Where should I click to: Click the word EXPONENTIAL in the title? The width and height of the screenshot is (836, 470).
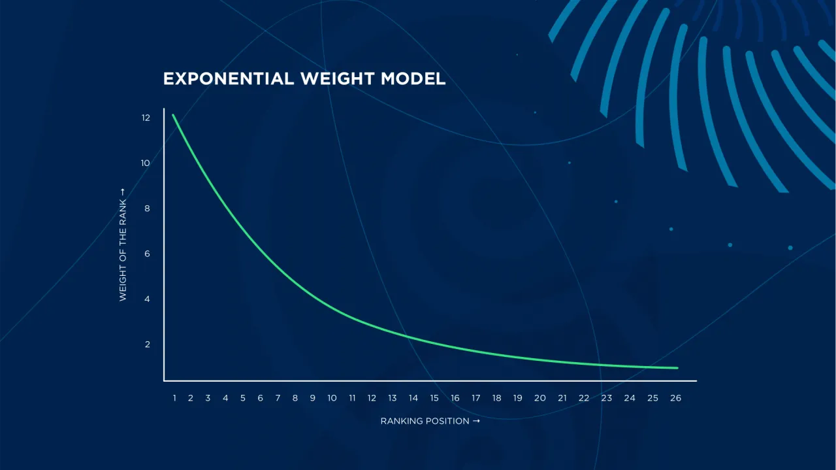(229, 79)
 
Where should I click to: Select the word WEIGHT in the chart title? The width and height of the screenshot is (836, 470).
(338, 79)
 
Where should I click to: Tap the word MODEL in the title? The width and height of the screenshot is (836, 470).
(413, 79)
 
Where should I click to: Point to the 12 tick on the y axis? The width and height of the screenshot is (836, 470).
(146, 118)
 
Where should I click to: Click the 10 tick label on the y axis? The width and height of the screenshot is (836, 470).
(145, 163)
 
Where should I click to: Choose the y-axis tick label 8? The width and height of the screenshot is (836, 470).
(147, 209)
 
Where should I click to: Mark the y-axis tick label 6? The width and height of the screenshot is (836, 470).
(147, 254)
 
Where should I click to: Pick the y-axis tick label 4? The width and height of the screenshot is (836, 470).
(147, 299)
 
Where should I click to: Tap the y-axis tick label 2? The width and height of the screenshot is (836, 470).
(148, 344)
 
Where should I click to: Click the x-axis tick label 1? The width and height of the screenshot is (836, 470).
(174, 398)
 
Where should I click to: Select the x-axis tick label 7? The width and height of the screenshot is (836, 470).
(278, 398)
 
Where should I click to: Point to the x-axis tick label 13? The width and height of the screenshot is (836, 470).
(393, 398)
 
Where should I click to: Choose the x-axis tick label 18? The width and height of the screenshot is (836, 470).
(497, 398)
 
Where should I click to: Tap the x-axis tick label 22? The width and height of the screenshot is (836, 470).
(584, 398)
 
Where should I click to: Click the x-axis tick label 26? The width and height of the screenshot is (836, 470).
(675, 398)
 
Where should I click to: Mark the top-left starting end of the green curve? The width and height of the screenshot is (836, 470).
(173, 115)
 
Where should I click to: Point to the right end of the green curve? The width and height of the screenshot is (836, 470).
(677, 368)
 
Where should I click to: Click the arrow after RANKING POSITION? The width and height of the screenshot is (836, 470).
(476, 421)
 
